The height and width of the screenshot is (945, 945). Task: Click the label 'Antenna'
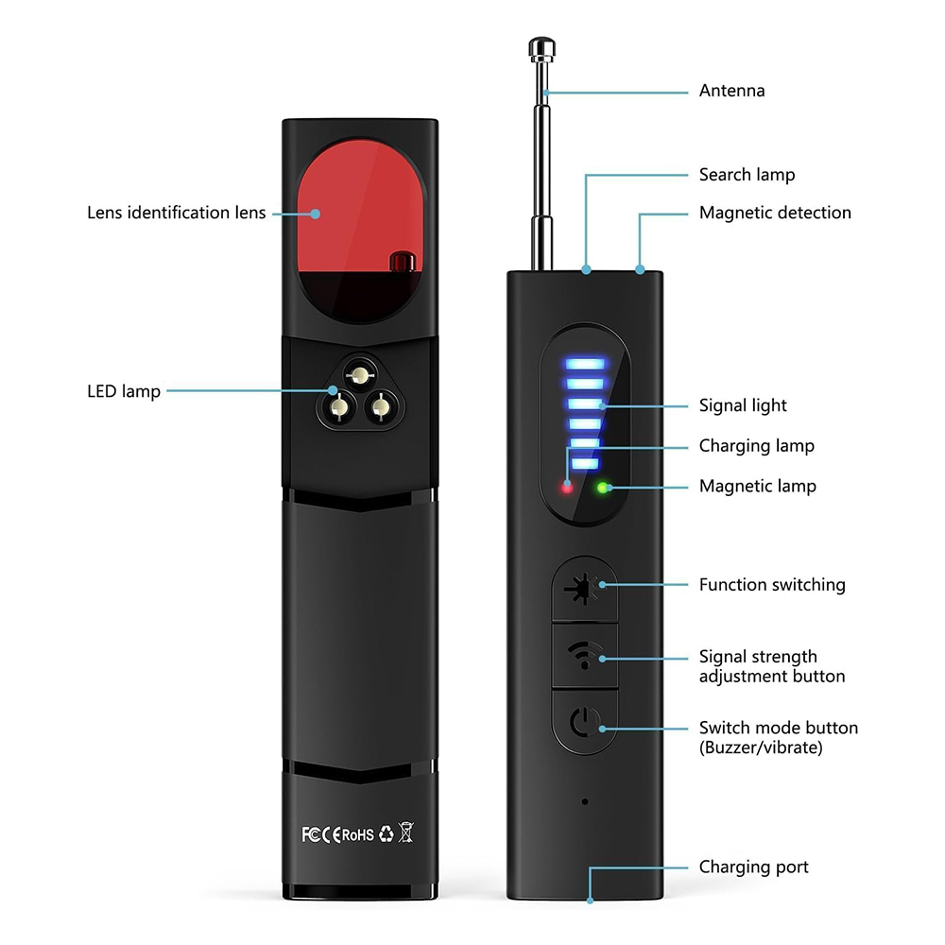pos(731,92)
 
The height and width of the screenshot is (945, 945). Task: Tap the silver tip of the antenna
pos(541,47)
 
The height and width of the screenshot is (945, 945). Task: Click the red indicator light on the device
pos(567,488)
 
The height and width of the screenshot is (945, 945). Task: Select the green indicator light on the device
pos(601,488)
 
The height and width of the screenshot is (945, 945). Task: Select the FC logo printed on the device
pos(312,833)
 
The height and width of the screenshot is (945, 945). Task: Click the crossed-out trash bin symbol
pos(407,833)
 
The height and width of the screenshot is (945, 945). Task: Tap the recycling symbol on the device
pos(386,833)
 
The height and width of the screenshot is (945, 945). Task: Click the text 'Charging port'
pos(753,867)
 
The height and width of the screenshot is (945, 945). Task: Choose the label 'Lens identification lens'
pos(177,213)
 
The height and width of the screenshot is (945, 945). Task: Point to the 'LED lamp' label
pos(124,390)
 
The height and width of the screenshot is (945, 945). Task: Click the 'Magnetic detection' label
pos(775,213)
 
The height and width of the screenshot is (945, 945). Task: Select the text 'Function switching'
pos(772,585)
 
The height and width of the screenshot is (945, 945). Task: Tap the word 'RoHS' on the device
pos(357,834)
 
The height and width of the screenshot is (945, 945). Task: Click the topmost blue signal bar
pos(583,363)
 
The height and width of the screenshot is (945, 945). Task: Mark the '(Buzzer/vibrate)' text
pos(761,747)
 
